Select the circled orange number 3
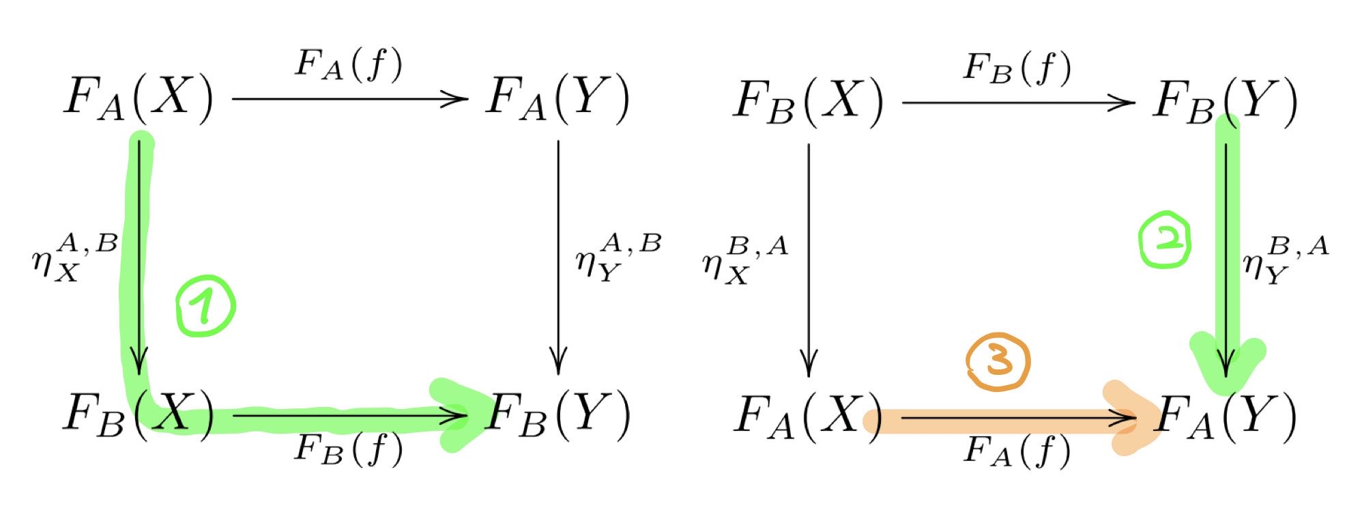[998, 362]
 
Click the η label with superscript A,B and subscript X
[75, 257]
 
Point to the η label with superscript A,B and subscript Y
[618, 257]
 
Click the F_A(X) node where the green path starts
[139, 98]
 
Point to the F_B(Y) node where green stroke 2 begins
[1226, 101]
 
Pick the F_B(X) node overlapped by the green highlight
[139, 414]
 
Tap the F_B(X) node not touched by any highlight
[808, 101]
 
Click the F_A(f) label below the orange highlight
[1017, 452]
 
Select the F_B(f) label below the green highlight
[349, 449]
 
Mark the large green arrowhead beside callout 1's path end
[457, 414]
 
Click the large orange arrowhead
[1129, 418]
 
